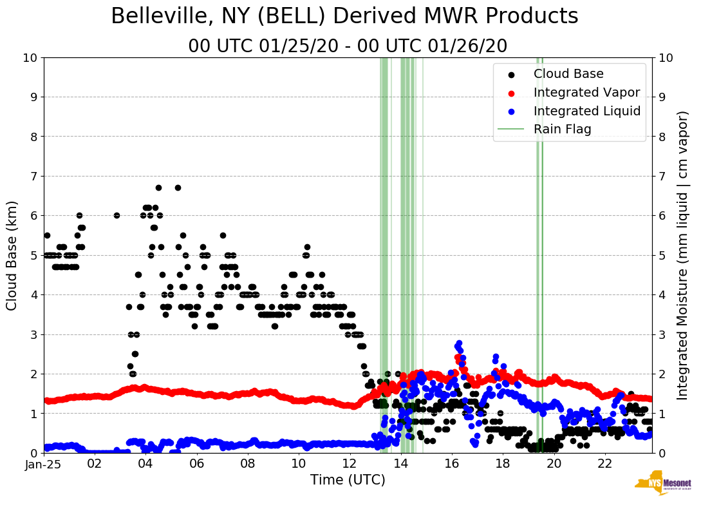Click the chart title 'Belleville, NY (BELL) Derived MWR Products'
(344, 17)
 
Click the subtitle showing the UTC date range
(348, 46)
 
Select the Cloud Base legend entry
(568, 74)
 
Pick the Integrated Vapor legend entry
(586, 92)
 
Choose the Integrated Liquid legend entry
(586, 111)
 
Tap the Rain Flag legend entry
(562, 129)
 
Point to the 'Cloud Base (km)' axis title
(12, 254)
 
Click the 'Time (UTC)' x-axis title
(348, 480)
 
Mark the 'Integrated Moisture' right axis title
(684, 254)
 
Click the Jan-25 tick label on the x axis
(44, 463)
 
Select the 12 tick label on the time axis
(350, 463)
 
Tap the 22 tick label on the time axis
(604, 463)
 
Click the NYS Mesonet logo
(662, 485)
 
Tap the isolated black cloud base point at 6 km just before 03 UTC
(117, 215)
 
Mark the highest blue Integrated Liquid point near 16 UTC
(459, 343)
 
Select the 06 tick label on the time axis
(197, 463)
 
